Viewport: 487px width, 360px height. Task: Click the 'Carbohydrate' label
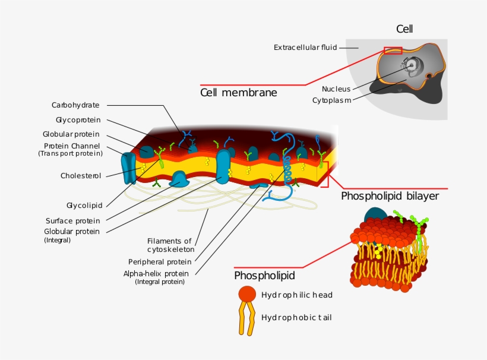(x=75, y=105)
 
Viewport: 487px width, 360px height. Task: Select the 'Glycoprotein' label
(x=77, y=120)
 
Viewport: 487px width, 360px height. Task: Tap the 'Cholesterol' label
(x=81, y=176)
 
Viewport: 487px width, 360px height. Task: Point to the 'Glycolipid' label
(x=84, y=206)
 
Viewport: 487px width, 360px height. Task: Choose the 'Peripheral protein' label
(x=160, y=261)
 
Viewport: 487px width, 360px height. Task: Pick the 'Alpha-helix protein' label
(x=156, y=273)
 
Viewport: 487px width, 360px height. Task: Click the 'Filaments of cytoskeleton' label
(x=170, y=245)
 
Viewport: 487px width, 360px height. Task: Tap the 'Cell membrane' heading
(x=238, y=93)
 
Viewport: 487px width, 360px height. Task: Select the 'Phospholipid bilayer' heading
(x=390, y=196)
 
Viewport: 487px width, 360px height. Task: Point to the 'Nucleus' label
(x=336, y=89)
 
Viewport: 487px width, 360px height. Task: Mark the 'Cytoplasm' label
(x=331, y=100)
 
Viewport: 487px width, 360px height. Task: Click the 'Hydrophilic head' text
(x=296, y=295)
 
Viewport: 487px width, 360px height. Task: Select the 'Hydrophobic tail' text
(x=296, y=317)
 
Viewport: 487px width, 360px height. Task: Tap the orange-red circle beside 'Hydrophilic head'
(x=247, y=293)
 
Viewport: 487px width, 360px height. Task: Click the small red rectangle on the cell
(x=393, y=50)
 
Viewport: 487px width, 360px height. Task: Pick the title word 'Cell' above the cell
(x=404, y=29)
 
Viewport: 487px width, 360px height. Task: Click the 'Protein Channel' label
(x=72, y=146)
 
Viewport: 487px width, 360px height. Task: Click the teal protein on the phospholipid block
(x=375, y=216)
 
